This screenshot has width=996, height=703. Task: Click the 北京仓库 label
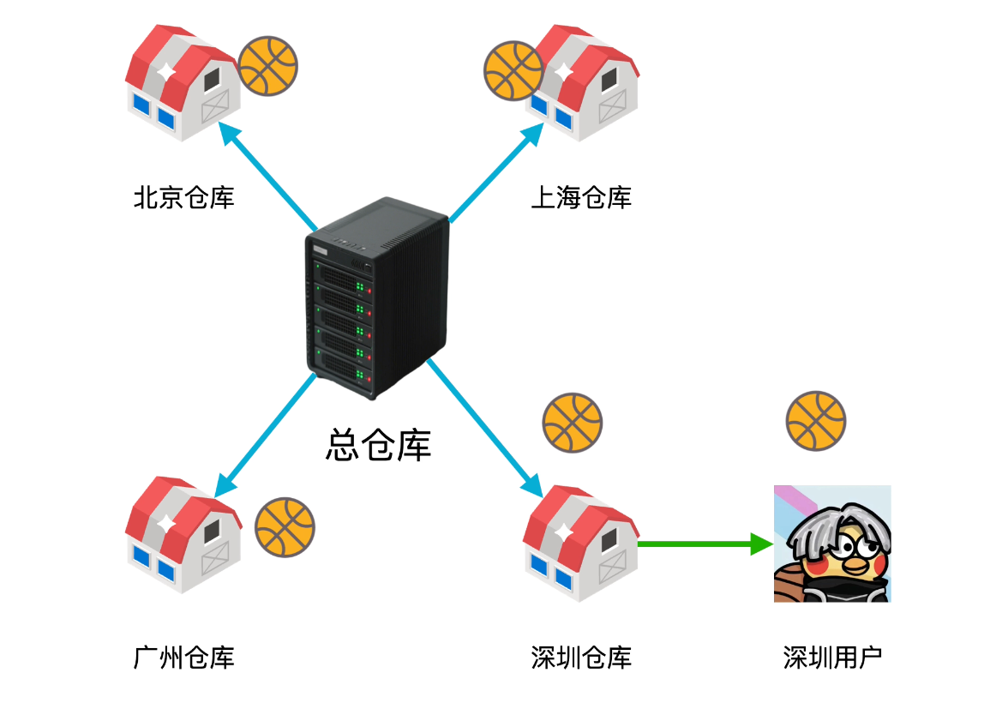click(x=183, y=199)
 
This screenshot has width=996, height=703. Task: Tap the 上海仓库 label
click(x=581, y=199)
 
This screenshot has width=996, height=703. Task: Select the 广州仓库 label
click(x=183, y=658)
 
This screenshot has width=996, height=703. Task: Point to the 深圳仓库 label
click(x=581, y=658)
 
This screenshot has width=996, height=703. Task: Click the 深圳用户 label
click(x=832, y=658)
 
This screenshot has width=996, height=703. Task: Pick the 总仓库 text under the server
click(x=378, y=445)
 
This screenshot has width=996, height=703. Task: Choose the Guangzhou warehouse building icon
click(x=183, y=533)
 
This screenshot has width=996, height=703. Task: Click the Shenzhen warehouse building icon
click(x=580, y=542)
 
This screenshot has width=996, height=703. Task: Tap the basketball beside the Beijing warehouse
click(x=268, y=66)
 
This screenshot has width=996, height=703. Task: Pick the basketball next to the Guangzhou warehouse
click(x=285, y=526)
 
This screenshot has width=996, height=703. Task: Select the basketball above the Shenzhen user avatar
click(x=816, y=422)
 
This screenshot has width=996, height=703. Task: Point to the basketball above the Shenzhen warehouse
click(x=573, y=424)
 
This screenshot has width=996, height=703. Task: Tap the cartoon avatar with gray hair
click(x=832, y=544)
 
